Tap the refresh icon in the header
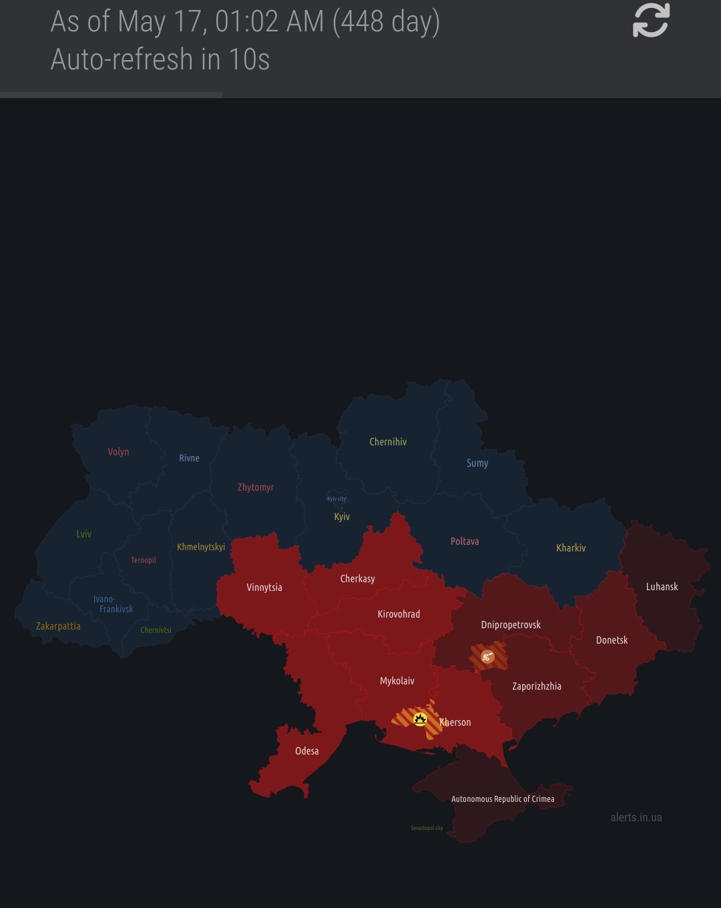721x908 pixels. point(651,20)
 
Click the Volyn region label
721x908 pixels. point(118,452)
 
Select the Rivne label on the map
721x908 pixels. point(189,458)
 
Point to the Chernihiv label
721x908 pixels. point(388,442)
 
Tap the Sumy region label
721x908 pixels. point(477,463)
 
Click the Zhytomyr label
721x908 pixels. point(256,487)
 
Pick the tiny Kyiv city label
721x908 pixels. point(336,499)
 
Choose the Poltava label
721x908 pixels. point(465,541)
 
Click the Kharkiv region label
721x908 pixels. point(571,548)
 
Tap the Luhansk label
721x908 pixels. point(662,587)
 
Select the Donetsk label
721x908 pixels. point(612,640)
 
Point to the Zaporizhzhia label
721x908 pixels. point(537,686)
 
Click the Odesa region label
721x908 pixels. point(307,751)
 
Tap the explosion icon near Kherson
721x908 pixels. point(420,719)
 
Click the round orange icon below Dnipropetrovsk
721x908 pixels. point(488,656)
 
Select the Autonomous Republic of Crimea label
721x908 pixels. point(503,799)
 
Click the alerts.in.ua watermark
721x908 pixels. point(636,817)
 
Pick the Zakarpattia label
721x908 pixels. point(58,626)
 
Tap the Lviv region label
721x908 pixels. point(83,534)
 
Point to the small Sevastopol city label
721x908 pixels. point(427,828)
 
